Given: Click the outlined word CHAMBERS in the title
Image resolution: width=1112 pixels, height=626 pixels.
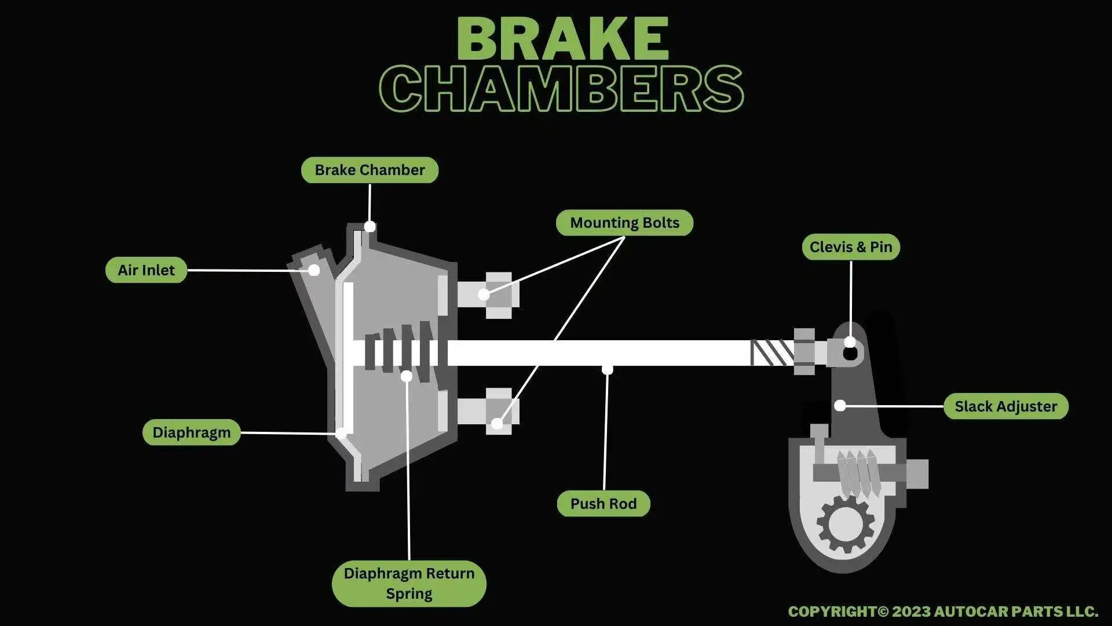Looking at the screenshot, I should tap(561, 89).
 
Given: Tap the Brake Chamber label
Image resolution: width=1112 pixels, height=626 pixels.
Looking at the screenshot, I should tap(370, 170).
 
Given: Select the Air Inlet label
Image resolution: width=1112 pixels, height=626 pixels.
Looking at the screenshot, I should tap(146, 270).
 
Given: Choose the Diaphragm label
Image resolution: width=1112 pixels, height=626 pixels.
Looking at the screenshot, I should tap(191, 432).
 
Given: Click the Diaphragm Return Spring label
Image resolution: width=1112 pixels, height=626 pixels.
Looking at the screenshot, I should tap(409, 583).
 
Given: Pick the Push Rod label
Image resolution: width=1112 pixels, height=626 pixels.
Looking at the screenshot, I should tap(603, 504).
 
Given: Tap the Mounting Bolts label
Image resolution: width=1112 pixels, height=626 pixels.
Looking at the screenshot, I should tap(624, 223).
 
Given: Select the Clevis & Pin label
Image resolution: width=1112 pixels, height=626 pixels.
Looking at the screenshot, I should tap(850, 247).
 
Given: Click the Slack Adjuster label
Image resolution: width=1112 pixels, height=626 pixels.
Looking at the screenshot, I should tap(1005, 406).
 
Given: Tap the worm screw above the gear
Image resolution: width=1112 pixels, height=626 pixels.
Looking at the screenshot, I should tap(858, 473).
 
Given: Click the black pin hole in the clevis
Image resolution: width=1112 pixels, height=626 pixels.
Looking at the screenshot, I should tap(850, 352).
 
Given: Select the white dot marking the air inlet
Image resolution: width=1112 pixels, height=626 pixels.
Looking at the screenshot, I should tap(314, 270).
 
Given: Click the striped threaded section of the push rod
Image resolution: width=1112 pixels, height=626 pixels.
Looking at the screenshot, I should tap(771, 352).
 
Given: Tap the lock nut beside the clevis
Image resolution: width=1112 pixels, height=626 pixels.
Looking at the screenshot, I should tap(804, 351).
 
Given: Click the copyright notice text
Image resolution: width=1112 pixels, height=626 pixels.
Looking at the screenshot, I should tap(942, 612).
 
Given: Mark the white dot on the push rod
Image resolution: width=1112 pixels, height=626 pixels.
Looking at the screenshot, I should tap(607, 369).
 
